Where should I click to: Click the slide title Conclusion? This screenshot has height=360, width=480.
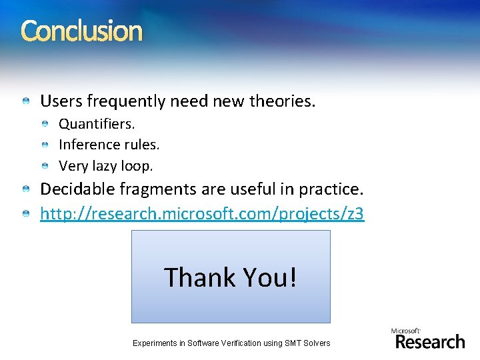point(81,31)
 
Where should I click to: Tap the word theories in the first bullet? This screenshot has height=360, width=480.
point(281,101)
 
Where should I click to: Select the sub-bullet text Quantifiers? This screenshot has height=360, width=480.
point(97,124)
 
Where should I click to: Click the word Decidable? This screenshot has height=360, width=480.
point(77,189)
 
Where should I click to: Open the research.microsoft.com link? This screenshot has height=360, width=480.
point(202,214)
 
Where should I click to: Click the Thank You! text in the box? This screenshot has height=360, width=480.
point(230,277)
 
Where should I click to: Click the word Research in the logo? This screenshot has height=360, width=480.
point(430,342)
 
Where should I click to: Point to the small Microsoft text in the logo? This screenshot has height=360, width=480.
point(405,331)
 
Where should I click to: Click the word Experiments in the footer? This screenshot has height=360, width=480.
point(155,343)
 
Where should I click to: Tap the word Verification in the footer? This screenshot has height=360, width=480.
point(243,343)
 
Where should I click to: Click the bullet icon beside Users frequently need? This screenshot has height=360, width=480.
point(25,102)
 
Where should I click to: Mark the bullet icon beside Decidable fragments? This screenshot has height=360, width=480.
point(25,190)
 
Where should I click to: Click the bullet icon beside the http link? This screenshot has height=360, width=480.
point(25,215)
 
